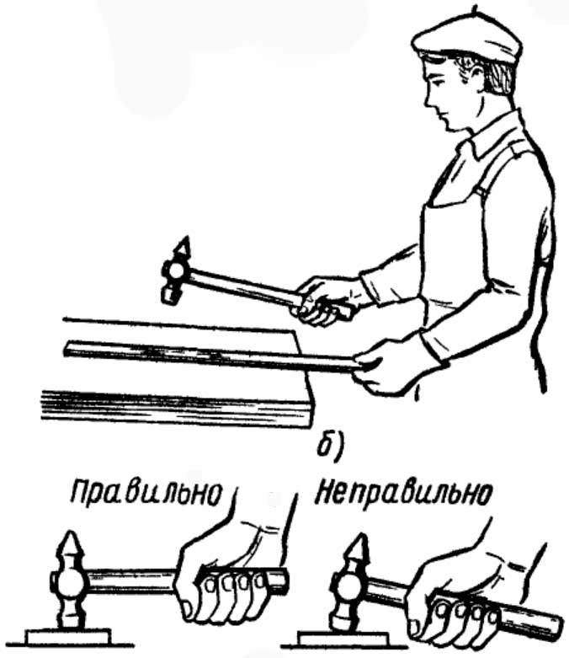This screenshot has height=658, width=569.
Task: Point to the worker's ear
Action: (477, 78)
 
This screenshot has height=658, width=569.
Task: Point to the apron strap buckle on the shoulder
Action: (481, 192)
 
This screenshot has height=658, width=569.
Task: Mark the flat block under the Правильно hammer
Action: (68, 636)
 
